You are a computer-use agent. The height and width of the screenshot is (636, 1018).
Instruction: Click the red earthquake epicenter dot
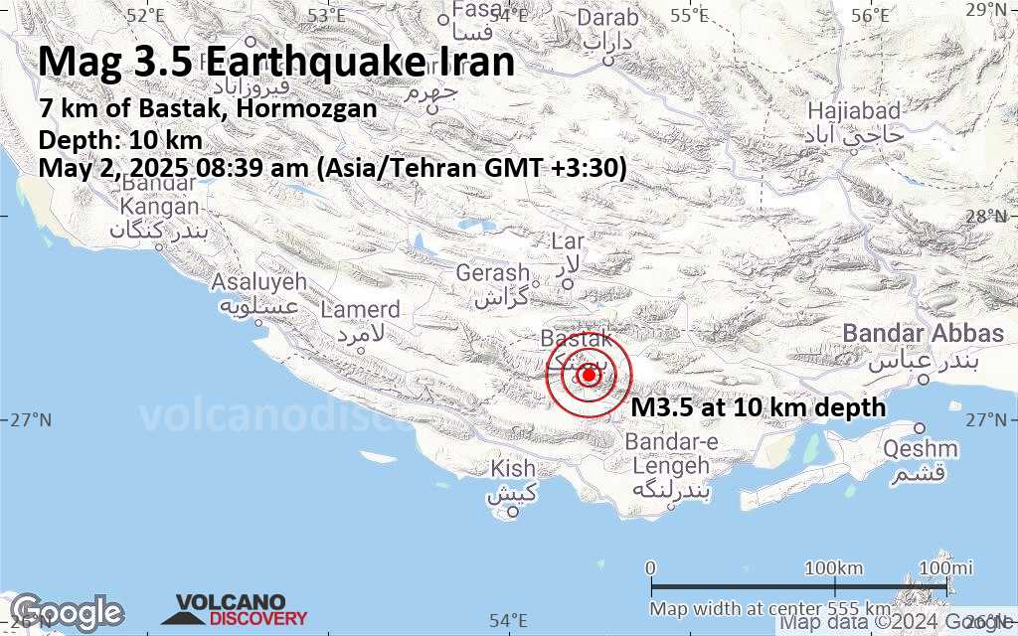coord(589,375)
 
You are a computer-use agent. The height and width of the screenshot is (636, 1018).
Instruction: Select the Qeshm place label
coord(921,449)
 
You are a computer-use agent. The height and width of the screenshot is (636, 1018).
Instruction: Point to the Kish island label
coord(514,468)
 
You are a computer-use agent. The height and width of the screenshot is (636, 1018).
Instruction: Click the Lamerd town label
coord(360,310)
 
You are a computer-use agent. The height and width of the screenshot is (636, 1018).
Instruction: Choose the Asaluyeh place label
coord(259,282)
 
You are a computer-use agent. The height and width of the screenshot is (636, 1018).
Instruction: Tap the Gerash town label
coord(493,273)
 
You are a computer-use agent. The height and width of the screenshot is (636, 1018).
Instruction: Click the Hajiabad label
coord(853,110)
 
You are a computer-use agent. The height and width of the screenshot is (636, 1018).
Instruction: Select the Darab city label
coord(608,18)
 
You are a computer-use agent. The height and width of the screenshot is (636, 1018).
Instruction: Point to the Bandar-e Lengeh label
coord(669,453)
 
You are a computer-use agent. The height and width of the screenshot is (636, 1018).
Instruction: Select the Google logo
coord(67,611)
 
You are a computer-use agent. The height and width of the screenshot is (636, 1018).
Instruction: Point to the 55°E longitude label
coord(689,16)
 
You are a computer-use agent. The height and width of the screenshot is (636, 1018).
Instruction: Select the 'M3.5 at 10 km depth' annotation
coord(759,406)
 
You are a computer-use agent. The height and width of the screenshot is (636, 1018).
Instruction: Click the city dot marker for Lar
coord(569,284)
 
